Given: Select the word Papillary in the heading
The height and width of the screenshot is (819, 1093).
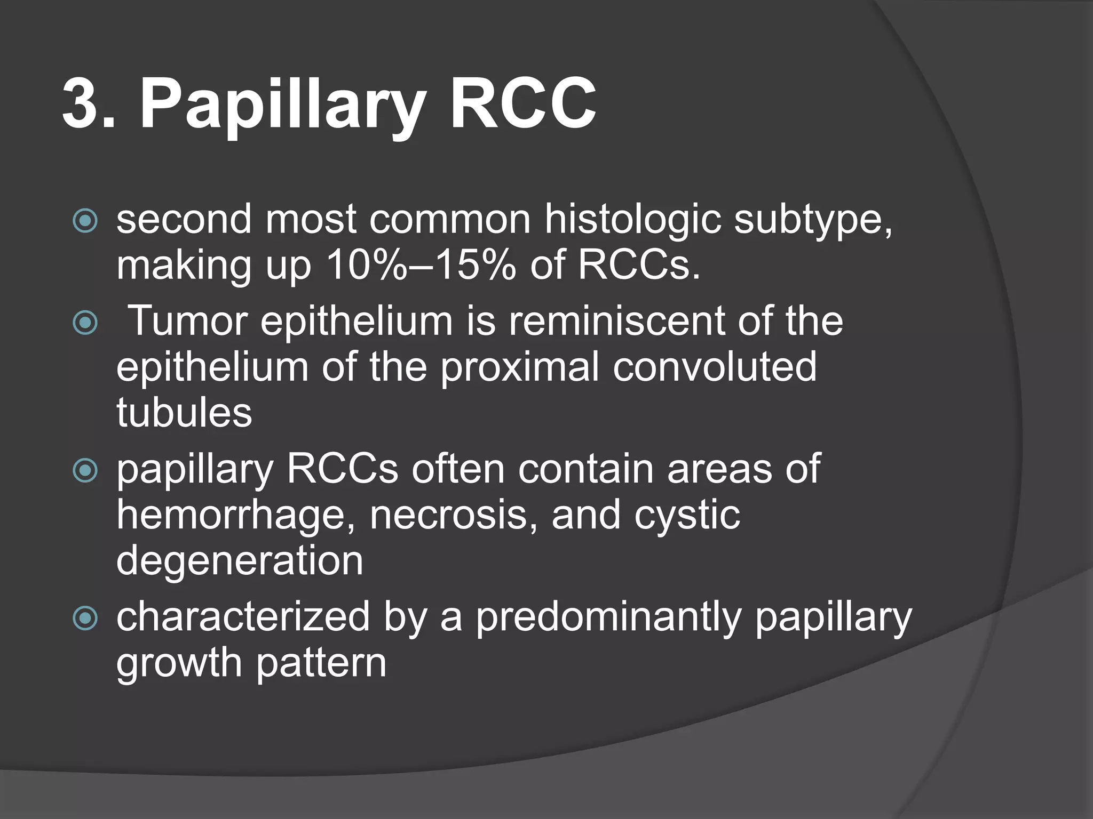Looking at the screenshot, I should [283, 107].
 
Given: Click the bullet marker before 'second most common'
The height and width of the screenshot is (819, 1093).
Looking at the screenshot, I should [85, 221].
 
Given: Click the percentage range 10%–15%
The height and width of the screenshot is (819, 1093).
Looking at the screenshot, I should [422, 265].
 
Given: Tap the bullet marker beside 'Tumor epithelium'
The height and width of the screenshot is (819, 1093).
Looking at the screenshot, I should [85, 322].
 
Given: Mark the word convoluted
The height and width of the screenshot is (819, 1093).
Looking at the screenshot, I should [715, 367].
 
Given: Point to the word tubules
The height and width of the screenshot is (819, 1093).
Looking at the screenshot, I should [184, 413].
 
